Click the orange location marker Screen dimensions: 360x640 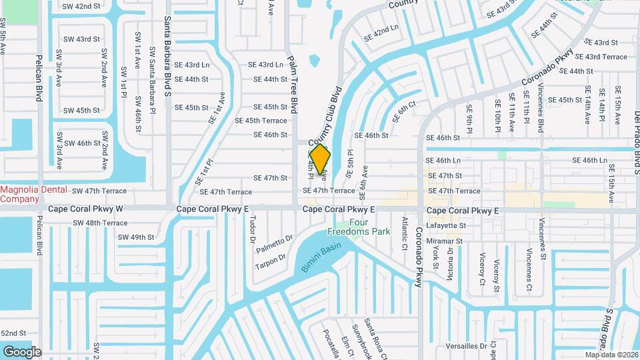320,159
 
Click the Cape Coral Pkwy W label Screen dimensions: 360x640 85,209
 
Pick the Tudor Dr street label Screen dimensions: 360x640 253,229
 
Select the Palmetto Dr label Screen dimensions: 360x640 275,244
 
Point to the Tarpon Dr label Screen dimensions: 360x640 270,262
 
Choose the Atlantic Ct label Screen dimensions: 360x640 404,233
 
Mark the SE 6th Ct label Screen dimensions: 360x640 404,111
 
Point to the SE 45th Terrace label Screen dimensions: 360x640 261,121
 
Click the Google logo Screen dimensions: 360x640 22,351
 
